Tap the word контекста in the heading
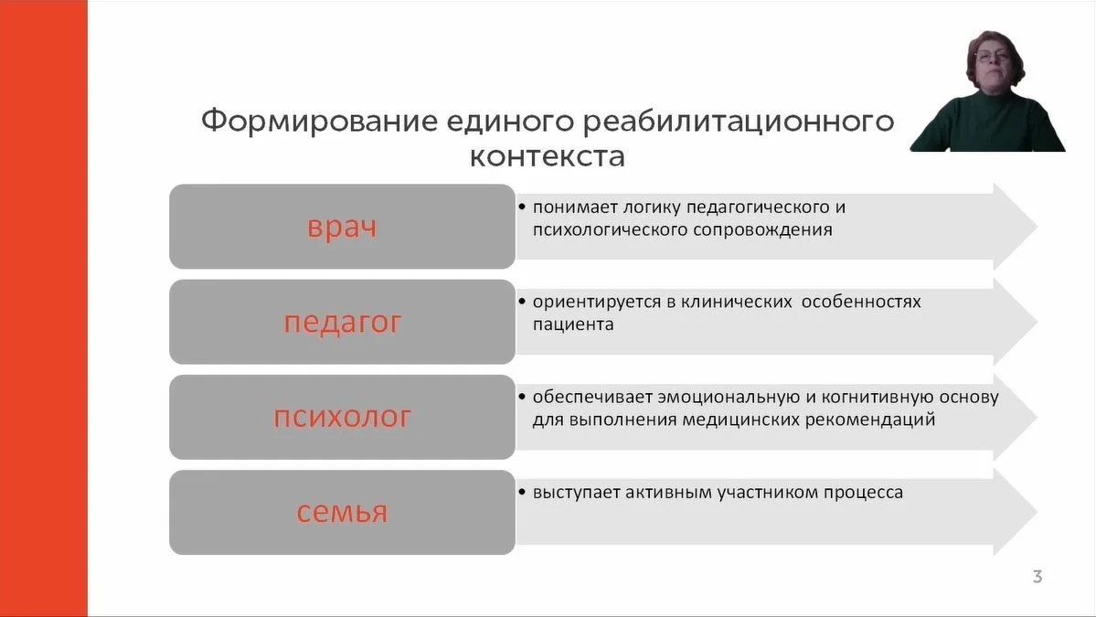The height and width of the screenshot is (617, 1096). pos(547,156)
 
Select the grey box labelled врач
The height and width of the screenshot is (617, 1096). pos(342,227)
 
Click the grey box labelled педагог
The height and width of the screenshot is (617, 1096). pos(342,322)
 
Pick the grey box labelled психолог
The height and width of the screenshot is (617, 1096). pos(342,417)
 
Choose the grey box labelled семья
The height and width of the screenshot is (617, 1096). pos(342,512)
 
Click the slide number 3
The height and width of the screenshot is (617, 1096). pos(1037,577)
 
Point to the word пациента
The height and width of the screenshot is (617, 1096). pos(573,324)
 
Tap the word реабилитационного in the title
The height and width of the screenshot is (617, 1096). pos(730,122)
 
